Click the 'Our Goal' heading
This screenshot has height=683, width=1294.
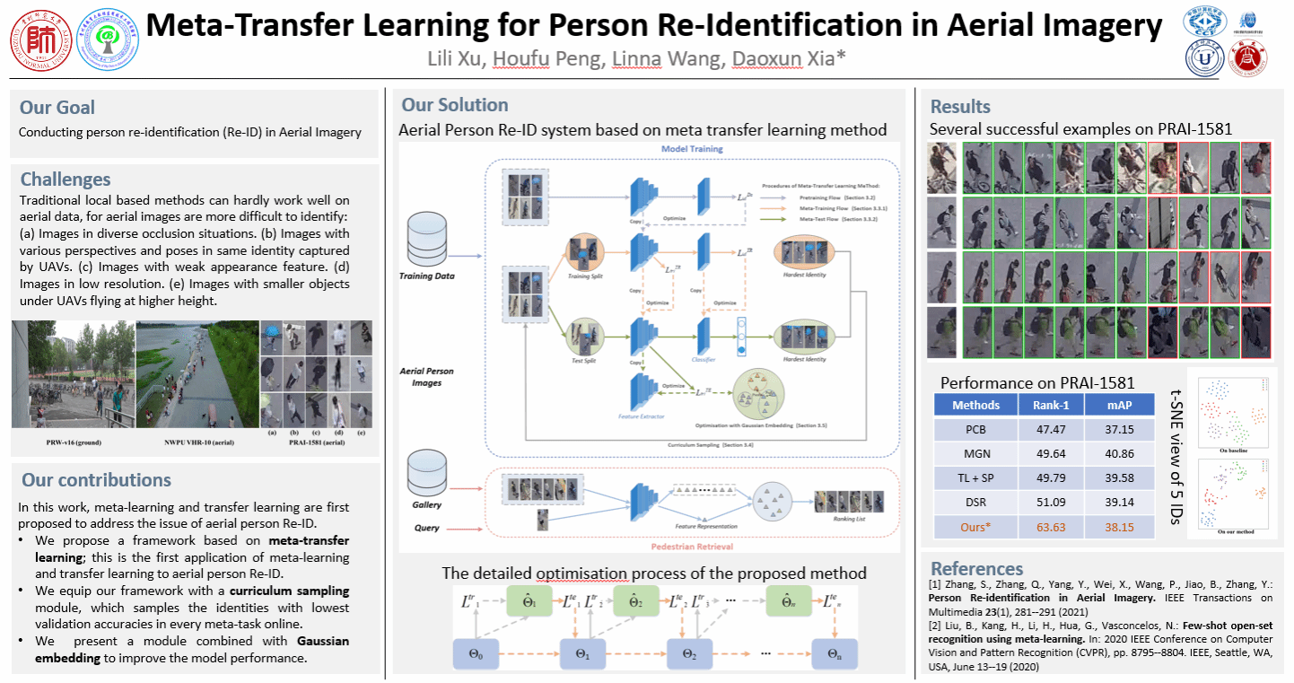[x=57, y=108]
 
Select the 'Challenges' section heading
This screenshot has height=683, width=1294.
[x=66, y=180]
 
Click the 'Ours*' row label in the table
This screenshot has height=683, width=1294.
[x=975, y=527]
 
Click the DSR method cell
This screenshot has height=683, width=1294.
[x=975, y=503]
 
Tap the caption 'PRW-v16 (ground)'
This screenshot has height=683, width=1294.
[x=72, y=442]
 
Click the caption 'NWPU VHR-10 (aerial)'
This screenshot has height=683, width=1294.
[x=195, y=442]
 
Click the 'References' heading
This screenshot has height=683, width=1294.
[x=976, y=568]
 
